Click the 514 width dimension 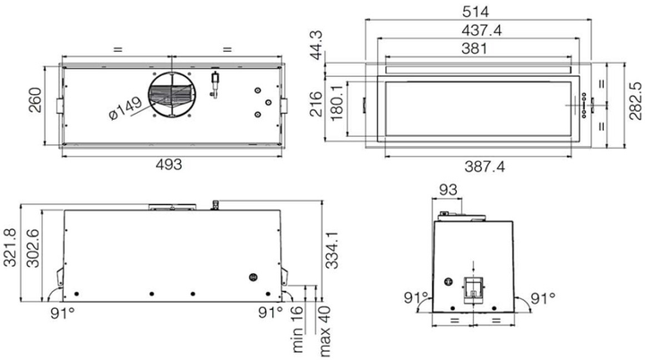(x=476, y=12)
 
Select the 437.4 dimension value (x=481, y=30)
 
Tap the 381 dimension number (x=474, y=48)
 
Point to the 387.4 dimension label (x=485, y=167)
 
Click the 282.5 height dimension (x=635, y=100)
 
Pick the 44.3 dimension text (x=317, y=46)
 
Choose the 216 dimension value (x=316, y=104)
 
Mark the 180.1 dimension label (x=337, y=103)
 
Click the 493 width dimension (x=168, y=165)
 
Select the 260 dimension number (x=35, y=100)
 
